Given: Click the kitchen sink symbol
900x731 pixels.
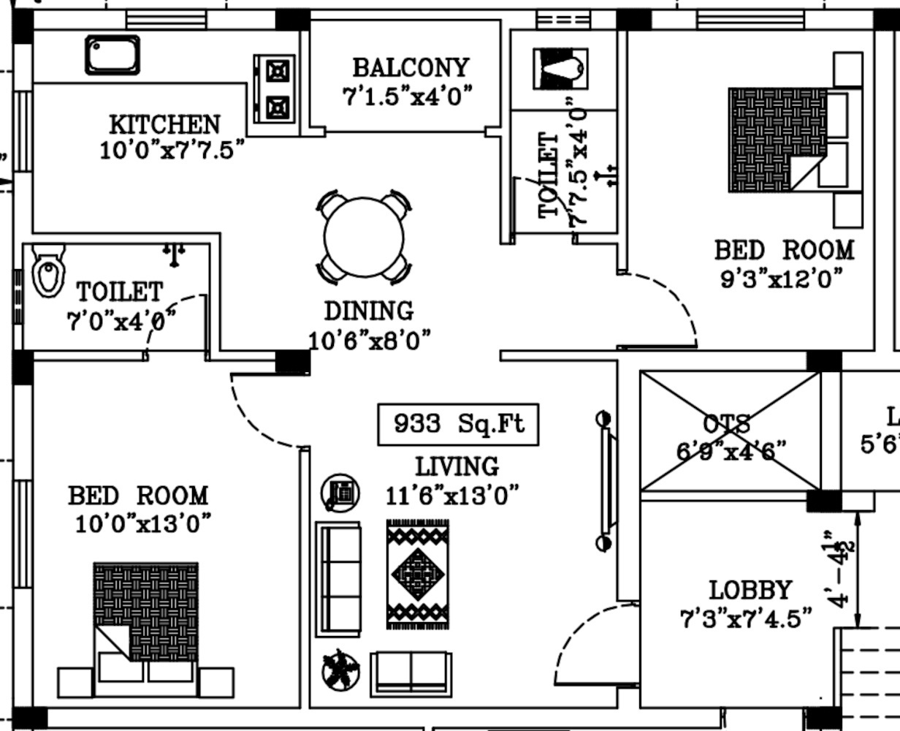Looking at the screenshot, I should click(x=112, y=55).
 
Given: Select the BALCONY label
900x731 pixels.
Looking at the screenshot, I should click(x=410, y=68).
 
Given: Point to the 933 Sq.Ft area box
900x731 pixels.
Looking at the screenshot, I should click(x=458, y=424).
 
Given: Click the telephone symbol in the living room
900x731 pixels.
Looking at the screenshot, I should click(x=340, y=493).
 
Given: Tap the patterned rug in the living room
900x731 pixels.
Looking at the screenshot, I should click(x=418, y=575).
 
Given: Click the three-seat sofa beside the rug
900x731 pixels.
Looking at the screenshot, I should click(x=338, y=579).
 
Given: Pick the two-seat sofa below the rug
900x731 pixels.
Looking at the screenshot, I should click(x=411, y=673).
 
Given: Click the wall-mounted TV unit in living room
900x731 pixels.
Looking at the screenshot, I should click(x=606, y=480).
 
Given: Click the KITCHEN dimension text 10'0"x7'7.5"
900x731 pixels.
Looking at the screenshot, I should click(x=172, y=151).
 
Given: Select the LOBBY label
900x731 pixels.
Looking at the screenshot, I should click(x=750, y=590).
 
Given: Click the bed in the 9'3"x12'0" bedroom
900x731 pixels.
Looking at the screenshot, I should click(x=793, y=140).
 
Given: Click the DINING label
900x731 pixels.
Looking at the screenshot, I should click(x=368, y=311).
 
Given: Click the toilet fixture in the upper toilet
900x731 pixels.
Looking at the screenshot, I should click(x=560, y=69).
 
